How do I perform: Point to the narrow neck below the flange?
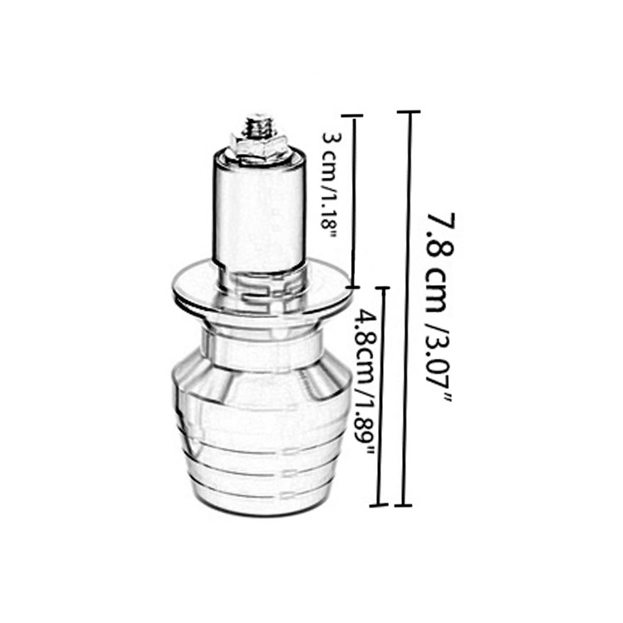[x=262, y=341]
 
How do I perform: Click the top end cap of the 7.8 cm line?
[x=410, y=112]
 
